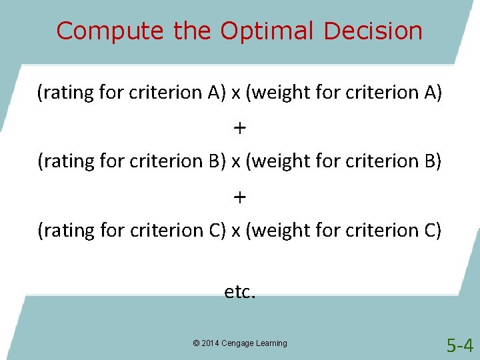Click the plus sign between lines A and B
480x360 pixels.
coord(240,127)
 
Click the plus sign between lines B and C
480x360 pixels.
coord(240,197)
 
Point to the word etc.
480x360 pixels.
coord(239,292)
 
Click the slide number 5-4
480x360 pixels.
coord(459,345)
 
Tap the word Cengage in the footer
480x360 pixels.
coord(240,343)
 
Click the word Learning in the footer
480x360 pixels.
coord(273,343)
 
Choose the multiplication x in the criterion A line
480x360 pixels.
coord(236,94)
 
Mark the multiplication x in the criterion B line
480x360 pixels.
coord(236,163)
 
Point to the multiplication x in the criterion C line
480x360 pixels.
coord(236,232)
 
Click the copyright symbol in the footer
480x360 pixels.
coord(196,343)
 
